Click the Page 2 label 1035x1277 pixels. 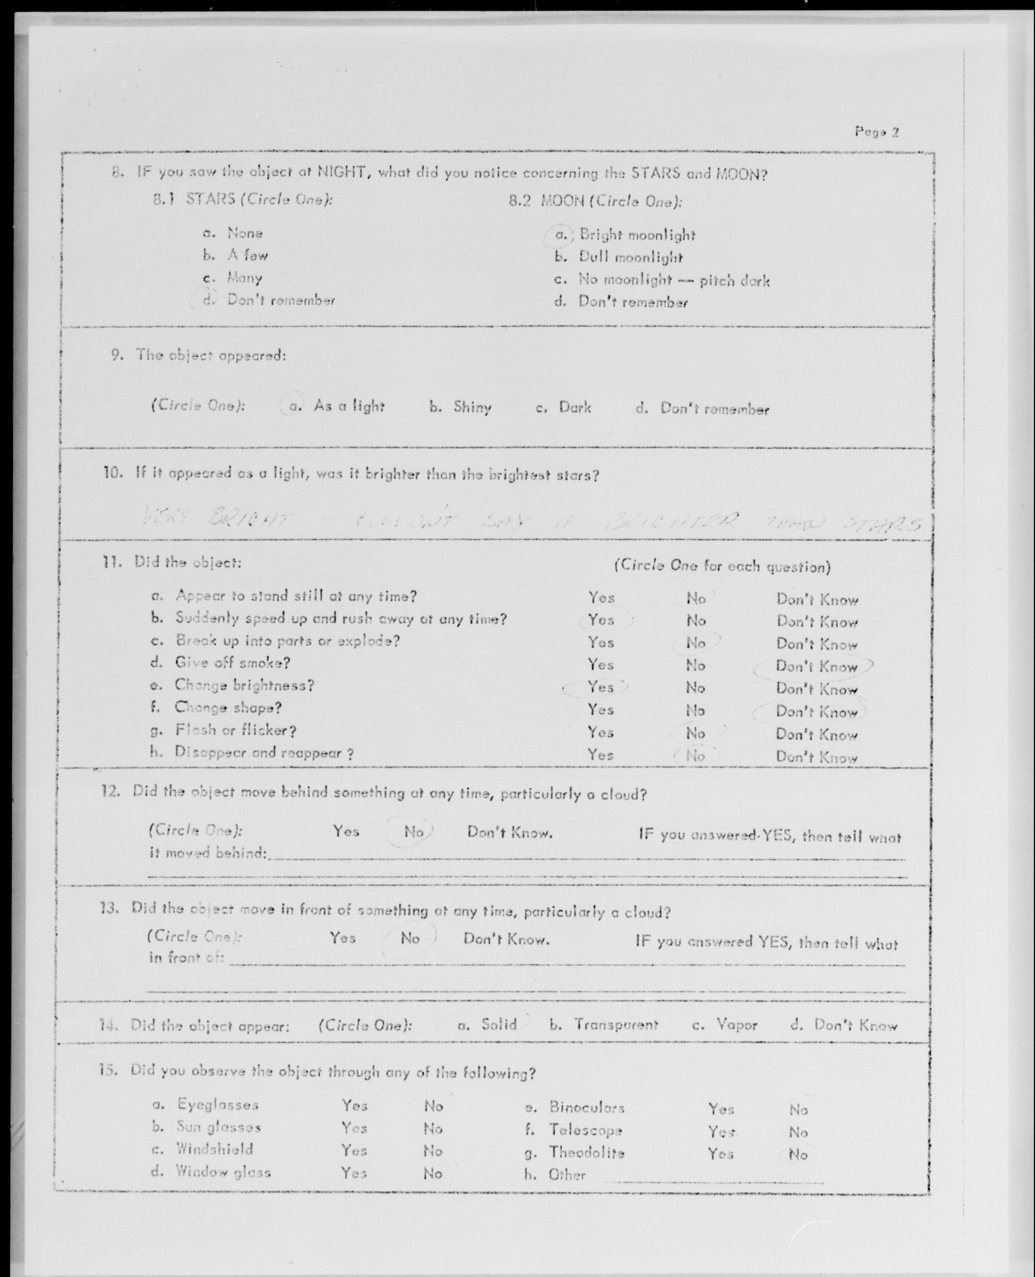876,132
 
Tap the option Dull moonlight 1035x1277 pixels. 630,258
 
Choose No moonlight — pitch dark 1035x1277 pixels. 674,280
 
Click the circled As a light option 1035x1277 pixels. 348,407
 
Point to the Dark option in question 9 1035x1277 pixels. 575,408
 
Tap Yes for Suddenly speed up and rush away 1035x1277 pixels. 601,620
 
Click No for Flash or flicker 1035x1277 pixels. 695,733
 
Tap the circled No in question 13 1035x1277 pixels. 410,938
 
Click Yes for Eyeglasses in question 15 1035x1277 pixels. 354,1105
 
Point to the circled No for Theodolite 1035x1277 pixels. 798,1155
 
